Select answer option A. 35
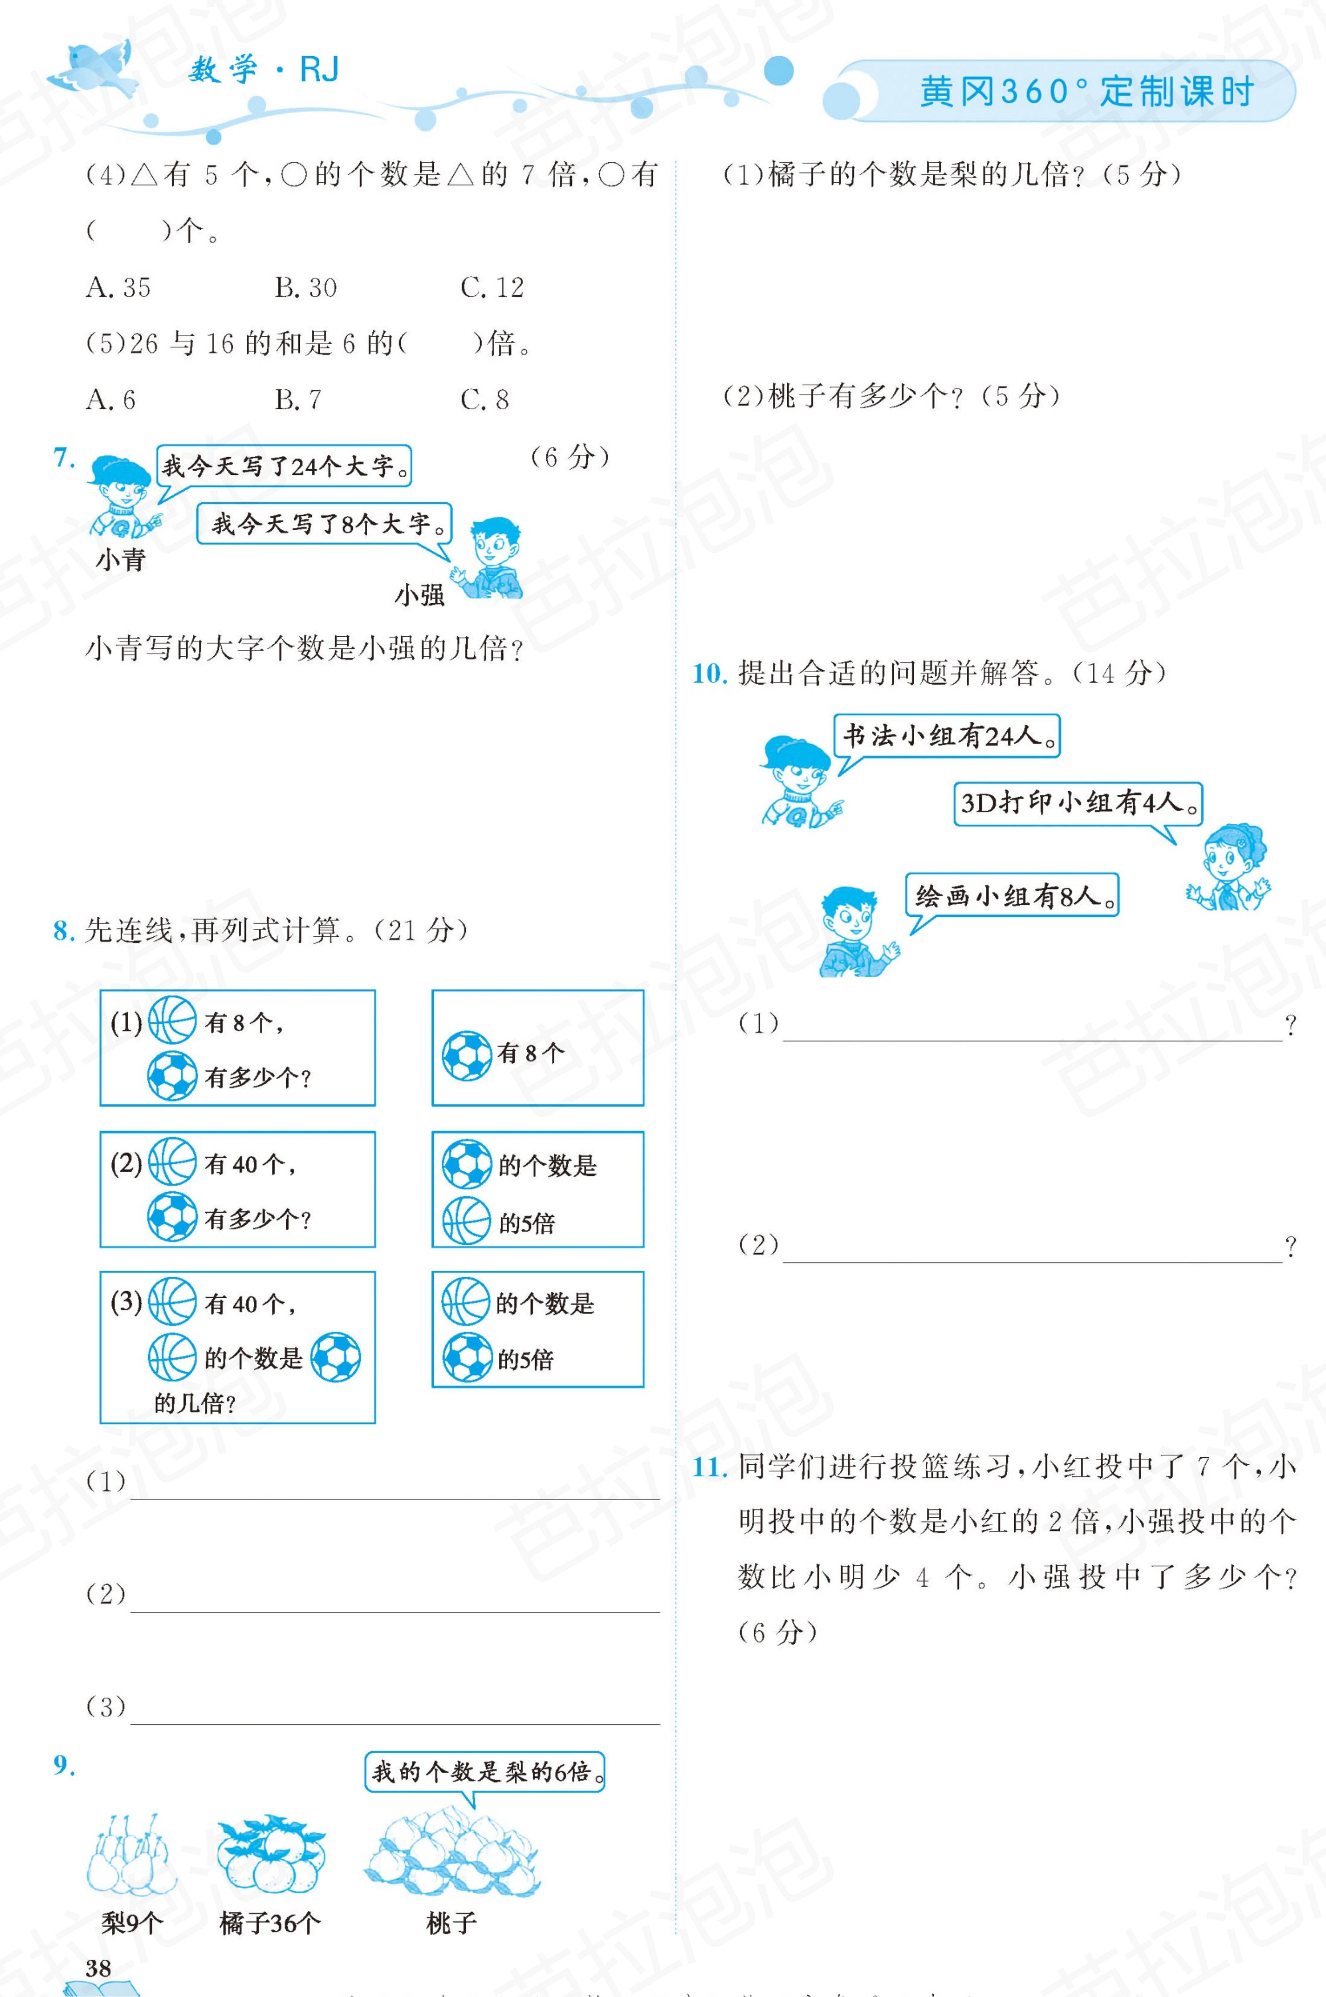pos(119,288)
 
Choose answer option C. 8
pos(485,399)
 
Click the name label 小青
pos(120,560)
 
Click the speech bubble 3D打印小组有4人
pos(1077,803)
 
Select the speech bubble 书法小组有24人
pos(947,735)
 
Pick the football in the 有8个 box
pos(466,1055)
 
